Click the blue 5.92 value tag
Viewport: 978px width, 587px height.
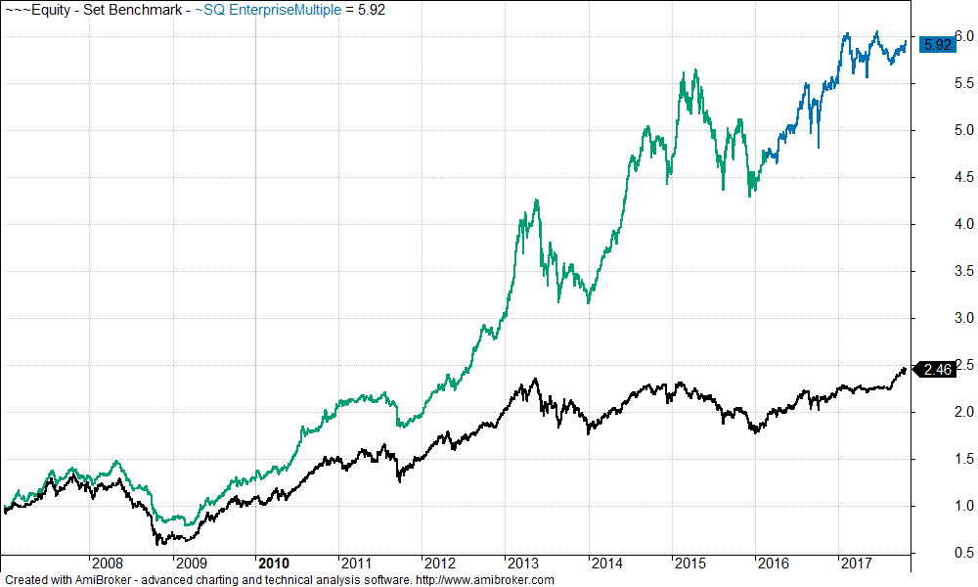coord(938,44)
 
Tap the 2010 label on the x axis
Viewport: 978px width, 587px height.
coord(273,564)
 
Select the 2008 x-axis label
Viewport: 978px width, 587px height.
coord(107,564)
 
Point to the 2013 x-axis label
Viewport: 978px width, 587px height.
coord(523,564)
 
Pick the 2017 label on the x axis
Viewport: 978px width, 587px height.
coord(857,564)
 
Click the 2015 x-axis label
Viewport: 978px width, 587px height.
coord(690,564)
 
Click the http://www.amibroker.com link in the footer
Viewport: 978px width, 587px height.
coord(485,580)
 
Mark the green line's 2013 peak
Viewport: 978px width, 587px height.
coord(537,201)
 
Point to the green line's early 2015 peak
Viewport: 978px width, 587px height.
coord(695,70)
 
